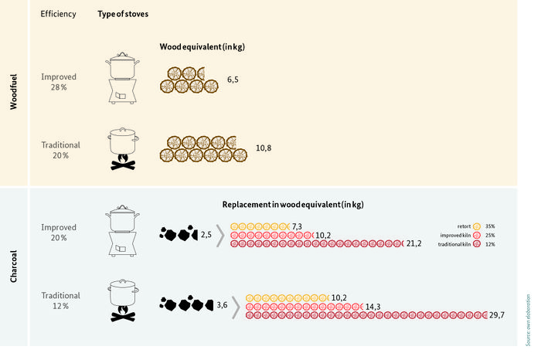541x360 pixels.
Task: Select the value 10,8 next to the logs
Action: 263,147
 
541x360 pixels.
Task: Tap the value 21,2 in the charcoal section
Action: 413,243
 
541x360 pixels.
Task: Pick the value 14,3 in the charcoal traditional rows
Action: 373,306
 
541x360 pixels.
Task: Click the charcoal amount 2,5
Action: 206,233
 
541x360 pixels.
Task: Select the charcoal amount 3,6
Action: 221,305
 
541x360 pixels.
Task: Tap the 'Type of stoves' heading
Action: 122,15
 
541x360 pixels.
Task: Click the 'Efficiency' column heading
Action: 59,15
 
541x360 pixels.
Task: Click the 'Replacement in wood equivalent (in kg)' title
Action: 293,205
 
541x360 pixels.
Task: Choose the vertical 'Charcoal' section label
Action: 13,266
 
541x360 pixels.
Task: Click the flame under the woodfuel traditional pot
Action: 122,160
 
